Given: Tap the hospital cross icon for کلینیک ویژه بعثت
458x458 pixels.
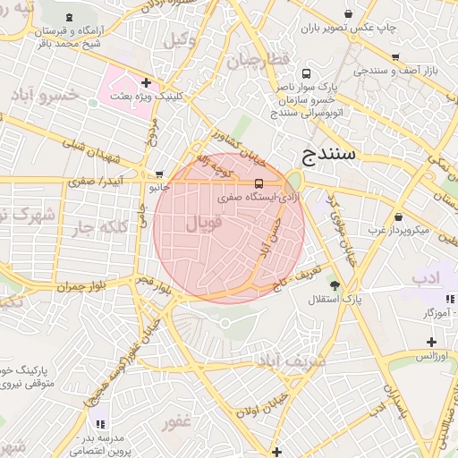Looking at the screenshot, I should coord(146,82).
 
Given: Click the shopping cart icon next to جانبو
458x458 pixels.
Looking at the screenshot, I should coord(159,174).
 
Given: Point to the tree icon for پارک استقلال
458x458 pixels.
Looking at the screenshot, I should coord(335,285).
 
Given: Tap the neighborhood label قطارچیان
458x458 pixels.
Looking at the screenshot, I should coord(259,61).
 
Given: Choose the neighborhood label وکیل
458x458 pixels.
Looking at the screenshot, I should coord(182,39).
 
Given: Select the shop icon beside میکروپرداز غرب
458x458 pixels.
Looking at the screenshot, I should coord(397,216).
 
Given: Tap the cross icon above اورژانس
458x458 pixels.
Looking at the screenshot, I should coord(431,342).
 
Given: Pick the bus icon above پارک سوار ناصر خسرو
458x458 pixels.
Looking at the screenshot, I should coord(307,74).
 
